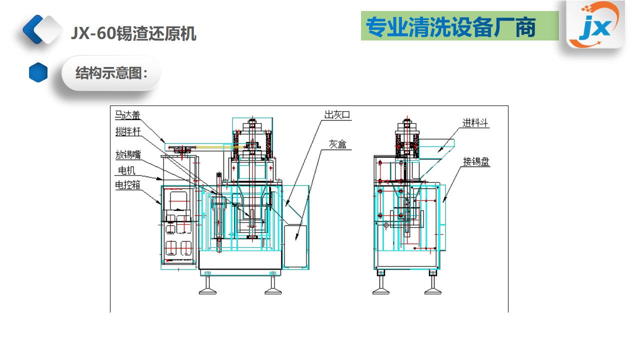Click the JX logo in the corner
(595, 25)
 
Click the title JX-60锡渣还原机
(133, 33)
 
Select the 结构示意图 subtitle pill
(110, 73)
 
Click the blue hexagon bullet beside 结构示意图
(38, 72)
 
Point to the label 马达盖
(127, 115)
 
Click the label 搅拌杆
(127, 132)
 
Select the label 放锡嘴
(127, 155)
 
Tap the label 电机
(126, 171)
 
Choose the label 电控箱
(127, 185)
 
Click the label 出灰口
(337, 115)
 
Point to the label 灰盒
(337, 144)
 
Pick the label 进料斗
(475, 123)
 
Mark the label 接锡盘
(476, 161)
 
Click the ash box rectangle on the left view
(295, 246)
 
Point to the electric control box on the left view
(178, 225)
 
